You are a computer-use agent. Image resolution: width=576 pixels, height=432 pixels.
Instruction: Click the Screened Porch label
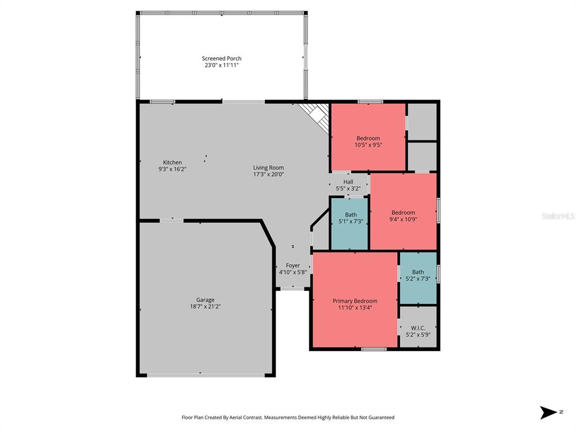click(222, 58)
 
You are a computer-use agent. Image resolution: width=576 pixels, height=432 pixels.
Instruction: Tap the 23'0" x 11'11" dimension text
click(222, 65)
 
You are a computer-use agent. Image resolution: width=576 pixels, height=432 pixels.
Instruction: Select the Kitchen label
click(172, 163)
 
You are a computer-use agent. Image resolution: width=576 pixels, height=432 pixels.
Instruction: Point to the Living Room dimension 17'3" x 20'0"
click(268, 174)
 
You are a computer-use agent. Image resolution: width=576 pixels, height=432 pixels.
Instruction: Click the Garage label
click(205, 300)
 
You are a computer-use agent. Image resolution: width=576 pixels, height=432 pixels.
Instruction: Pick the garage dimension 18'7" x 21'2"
click(205, 307)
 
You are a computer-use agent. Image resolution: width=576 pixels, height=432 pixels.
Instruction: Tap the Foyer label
click(292, 265)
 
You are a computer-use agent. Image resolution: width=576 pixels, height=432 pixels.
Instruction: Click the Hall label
click(348, 182)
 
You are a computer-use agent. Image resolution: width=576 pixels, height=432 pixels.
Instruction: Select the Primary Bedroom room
click(355, 299)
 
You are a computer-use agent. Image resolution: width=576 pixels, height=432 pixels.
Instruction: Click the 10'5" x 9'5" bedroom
click(368, 137)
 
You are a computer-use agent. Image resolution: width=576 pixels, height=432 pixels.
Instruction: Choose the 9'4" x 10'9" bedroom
click(403, 211)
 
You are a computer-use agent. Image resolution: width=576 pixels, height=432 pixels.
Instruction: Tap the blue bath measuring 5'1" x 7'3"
click(349, 224)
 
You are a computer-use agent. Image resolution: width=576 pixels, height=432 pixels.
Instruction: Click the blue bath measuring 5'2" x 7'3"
click(418, 278)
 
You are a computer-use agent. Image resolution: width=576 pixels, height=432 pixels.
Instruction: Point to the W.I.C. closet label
click(418, 328)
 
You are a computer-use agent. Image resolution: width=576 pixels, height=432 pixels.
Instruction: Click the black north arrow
click(548, 412)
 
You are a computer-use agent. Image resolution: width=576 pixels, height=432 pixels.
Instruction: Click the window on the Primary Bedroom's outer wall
click(374, 349)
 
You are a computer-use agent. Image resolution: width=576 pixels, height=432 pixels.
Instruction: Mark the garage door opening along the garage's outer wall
click(206, 375)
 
